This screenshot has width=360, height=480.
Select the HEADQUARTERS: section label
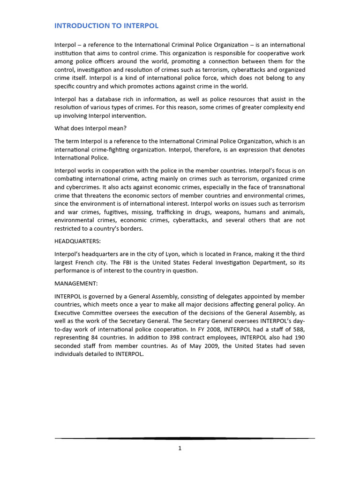(78, 241)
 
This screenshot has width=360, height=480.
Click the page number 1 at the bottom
(180, 448)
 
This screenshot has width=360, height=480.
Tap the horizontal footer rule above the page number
(185, 438)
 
